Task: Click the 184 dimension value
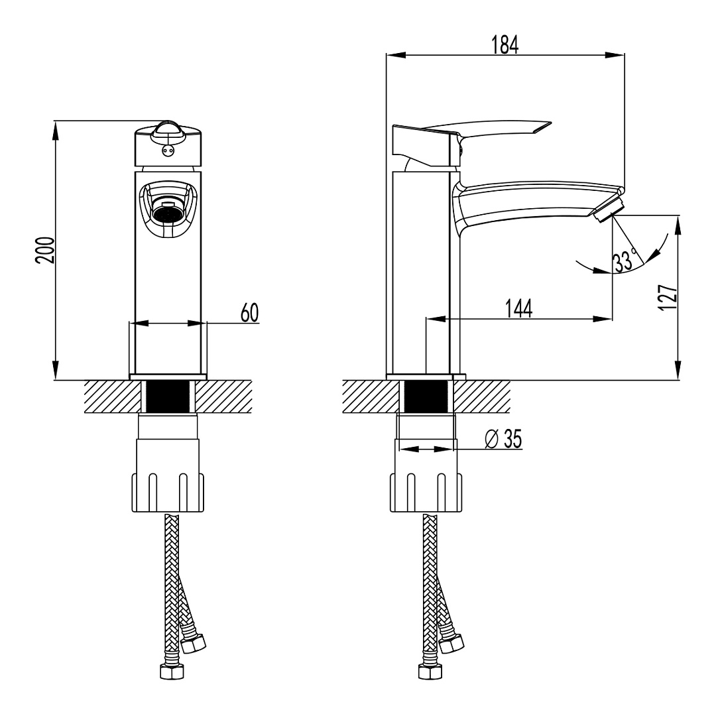(505, 44)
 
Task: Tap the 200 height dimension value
(45, 250)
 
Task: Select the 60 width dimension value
(249, 313)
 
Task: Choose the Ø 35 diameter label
(504, 438)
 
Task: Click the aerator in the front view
(168, 213)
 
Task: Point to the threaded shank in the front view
(168, 397)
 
